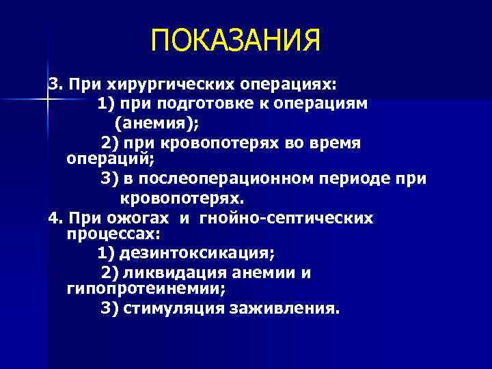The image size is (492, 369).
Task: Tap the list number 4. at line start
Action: tap(55, 218)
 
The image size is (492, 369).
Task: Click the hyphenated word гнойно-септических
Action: tap(286, 218)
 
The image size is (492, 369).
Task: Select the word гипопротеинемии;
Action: tap(132, 288)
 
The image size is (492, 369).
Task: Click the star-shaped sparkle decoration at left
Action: tap(47, 100)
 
